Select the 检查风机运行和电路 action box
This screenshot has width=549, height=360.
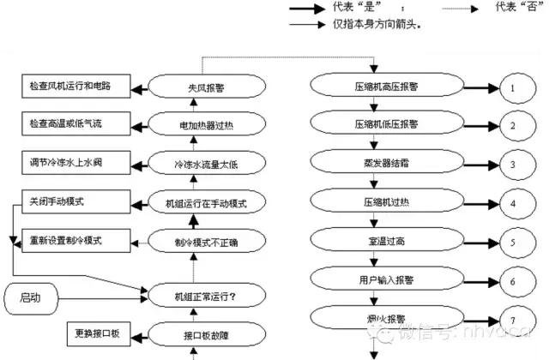[75, 87]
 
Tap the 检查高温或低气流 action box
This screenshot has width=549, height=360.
[75, 123]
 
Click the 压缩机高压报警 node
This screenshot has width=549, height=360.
[373, 87]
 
